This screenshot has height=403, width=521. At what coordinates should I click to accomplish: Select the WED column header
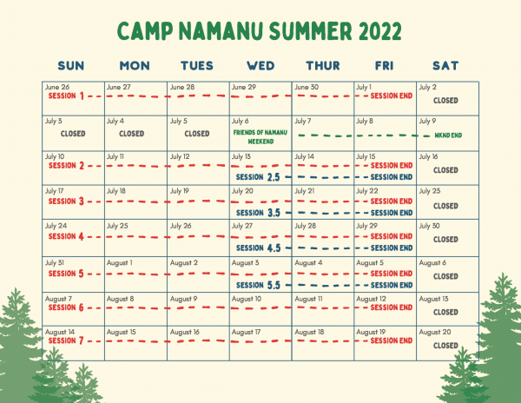tap(260, 66)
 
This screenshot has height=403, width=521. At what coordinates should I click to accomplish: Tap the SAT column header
tap(445, 66)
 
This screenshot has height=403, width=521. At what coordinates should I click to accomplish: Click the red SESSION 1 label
tap(66, 96)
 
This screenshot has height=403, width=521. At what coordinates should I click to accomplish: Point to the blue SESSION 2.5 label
tap(258, 177)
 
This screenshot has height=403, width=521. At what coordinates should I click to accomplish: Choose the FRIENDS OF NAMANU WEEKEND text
tap(260, 137)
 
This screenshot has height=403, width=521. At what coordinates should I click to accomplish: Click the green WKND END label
tap(448, 135)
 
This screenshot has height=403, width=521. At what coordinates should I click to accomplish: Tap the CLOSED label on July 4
tap(132, 134)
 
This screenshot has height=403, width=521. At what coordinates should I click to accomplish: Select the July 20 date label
tap(242, 191)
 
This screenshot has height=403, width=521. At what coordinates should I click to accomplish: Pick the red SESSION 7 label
tap(66, 340)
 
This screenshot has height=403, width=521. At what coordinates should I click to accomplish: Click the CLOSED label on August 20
tap(445, 346)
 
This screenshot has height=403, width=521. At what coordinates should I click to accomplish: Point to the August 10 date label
tap(247, 299)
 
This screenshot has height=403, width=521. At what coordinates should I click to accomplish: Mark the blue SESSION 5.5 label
tap(258, 285)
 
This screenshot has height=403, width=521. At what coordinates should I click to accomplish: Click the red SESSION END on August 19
tap(392, 340)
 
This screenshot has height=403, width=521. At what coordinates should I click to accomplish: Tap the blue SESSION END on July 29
tap(392, 248)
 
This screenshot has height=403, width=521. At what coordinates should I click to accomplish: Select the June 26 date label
tap(57, 87)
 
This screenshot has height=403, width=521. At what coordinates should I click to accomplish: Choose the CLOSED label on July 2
tap(445, 101)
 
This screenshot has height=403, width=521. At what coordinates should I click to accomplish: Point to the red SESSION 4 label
tap(66, 236)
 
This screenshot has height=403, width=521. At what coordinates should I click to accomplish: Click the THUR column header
tap(323, 66)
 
